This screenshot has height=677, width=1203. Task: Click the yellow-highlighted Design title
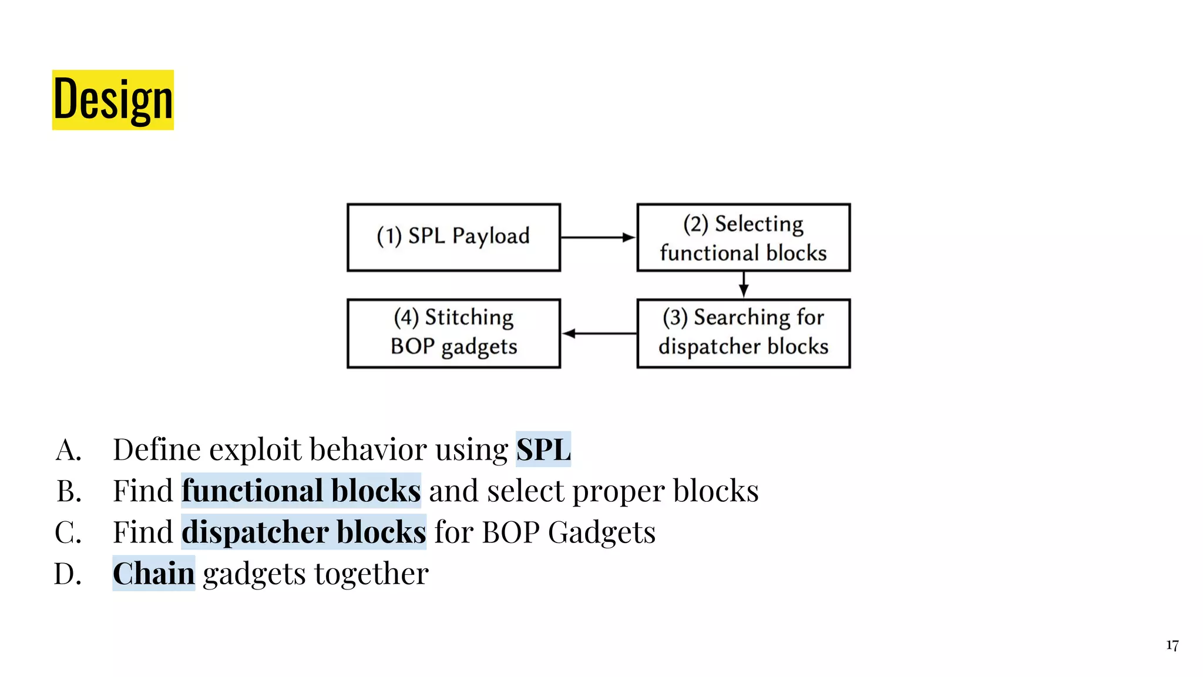[x=113, y=100]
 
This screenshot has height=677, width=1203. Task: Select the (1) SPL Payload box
[x=453, y=237]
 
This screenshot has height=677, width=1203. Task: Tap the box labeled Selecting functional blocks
[x=743, y=237]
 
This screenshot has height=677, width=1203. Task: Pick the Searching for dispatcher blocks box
[x=743, y=333]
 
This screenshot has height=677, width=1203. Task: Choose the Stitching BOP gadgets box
[x=453, y=333]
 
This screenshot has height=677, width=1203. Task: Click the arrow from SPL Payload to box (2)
[x=598, y=237]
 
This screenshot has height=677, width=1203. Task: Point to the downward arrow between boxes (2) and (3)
[x=744, y=284]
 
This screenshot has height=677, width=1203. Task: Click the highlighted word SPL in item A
[x=543, y=450]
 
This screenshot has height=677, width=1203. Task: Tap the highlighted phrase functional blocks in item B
[x=301, y=491]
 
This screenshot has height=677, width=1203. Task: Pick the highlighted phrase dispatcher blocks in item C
[x=303, y=532]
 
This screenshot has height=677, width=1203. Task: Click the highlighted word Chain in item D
[x=153, y=574]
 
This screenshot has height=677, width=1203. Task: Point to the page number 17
[x=1172, y=645]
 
